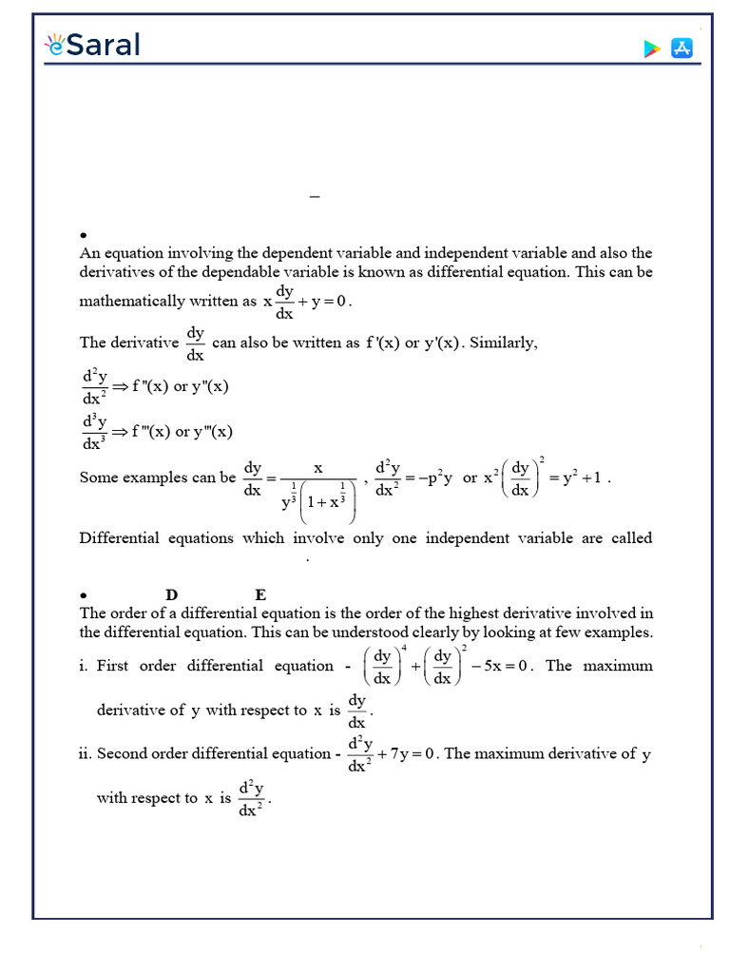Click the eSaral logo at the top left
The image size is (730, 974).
click(x=92, y=45)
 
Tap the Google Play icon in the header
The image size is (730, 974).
click(x=652, y=49)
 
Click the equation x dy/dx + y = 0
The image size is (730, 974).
click(x=307, y=302)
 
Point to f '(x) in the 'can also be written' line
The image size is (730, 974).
click(x=383, y=342)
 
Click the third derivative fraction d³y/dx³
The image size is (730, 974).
click(x=93, y=431)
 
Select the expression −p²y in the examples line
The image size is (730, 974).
click(x=432, y=477)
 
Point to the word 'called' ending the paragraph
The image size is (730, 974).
click(x=631, y=538)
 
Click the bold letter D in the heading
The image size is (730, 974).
click(x=172, y=595)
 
